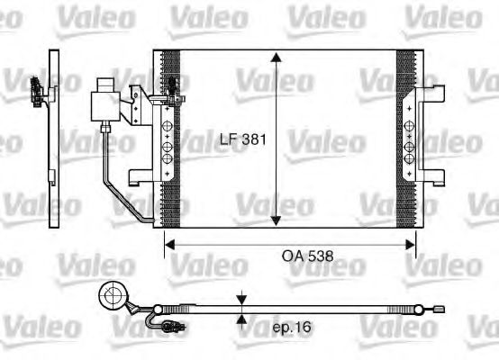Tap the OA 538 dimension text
pyautogui.click(x=306, y=256)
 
